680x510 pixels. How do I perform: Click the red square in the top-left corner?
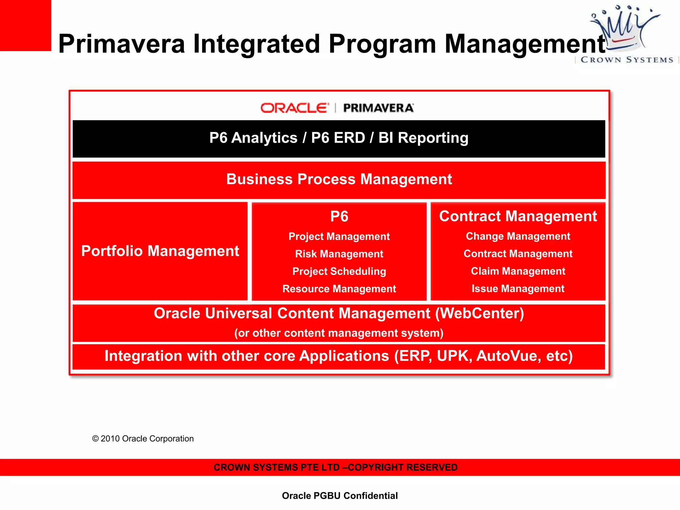25,25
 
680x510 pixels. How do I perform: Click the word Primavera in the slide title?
122,44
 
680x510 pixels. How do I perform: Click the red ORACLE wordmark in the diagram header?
294,108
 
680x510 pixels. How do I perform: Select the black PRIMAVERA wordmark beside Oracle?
378,108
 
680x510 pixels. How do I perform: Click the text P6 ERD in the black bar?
338,138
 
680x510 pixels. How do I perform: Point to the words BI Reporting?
423,138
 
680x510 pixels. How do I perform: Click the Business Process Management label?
339,179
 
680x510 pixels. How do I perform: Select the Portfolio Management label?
160,251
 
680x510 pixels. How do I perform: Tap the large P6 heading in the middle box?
339,216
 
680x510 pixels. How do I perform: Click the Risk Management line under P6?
339,254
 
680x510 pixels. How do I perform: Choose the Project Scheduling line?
339,271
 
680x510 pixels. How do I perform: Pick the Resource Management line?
339,289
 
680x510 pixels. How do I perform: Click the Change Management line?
518,236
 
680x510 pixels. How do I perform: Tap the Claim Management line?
518,271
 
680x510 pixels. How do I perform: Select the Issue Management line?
518,289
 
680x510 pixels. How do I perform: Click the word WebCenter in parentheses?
479,313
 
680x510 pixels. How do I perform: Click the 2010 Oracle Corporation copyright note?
143,439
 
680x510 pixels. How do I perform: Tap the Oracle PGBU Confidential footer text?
340,496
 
